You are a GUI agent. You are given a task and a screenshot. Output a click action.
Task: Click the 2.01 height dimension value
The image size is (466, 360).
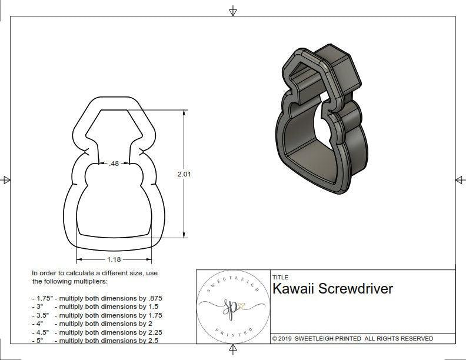click(184, 174)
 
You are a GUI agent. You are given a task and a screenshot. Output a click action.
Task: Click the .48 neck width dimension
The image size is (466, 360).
click(114, 164)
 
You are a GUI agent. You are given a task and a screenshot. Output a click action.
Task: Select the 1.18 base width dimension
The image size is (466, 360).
click(114, 259)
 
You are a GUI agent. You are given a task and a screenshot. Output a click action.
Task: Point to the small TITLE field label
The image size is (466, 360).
click(280, 278)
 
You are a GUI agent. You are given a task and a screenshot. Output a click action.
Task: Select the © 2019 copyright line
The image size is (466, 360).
click(352, 338)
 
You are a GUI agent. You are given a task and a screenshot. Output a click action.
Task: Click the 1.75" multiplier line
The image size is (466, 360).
click(97, 298)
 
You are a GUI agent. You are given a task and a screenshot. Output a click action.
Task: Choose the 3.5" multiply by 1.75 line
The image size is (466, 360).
click(97, 315)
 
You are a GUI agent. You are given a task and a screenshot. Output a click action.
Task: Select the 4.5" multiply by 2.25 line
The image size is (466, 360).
click(97, 332)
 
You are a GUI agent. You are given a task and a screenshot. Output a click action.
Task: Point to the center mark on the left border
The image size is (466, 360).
click(6, 180)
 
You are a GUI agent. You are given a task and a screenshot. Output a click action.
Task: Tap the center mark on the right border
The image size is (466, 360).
click(460, 180)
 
